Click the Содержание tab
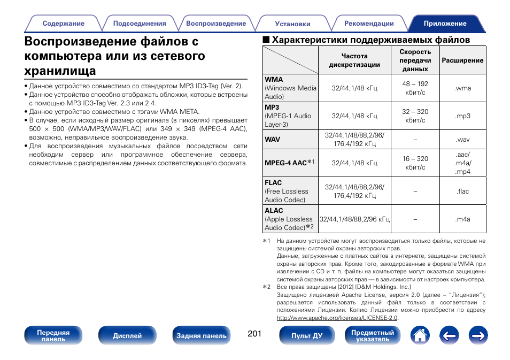[63, 24]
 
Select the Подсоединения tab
[140, 24]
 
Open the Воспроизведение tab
[216, 24]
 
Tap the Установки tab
[292, 24]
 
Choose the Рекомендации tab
[369, 24]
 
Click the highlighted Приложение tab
[445, 24]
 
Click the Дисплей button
[127, 336]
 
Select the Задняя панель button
[202, 336]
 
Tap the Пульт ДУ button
[307, 336]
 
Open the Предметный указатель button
[372, 336]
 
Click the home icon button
[420, 336]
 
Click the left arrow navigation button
[450, 336]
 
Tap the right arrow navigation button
[478, 336]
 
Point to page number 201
[254, 334]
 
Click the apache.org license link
[337, 318]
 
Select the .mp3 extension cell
[463, 116]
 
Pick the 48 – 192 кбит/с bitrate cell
[415, 88]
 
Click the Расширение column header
[463, 60]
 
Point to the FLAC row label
[273, 183]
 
